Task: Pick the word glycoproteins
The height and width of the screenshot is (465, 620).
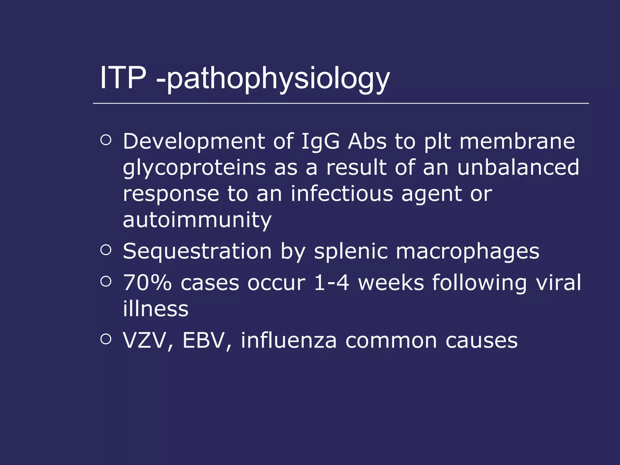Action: pyautogui.click(x=194, y=168)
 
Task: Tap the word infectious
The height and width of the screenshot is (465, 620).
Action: pyautogui.click(x=342, y=194)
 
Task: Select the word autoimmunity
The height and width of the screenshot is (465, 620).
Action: pyautogui.click(x=197, y=220)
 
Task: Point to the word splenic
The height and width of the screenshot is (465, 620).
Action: pyautogui.click(x=351, y=252)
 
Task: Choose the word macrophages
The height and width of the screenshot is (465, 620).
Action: pyautogui.click(x=467, y=252)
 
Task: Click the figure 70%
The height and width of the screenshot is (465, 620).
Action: pyautogui.click(x=147, y=282)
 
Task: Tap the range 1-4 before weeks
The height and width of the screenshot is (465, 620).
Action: pyautogui.click(x=331, y=282)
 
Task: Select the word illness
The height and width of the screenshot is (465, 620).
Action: pyautogui.click(x=156, y=309)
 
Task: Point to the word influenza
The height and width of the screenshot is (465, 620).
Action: pyautogui.click(x=289, y=341)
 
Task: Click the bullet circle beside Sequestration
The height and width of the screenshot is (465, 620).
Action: pyautogui.click(x=106, y=250)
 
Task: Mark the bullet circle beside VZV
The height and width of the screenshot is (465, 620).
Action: pyautogui.click(x=106, y=339)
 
